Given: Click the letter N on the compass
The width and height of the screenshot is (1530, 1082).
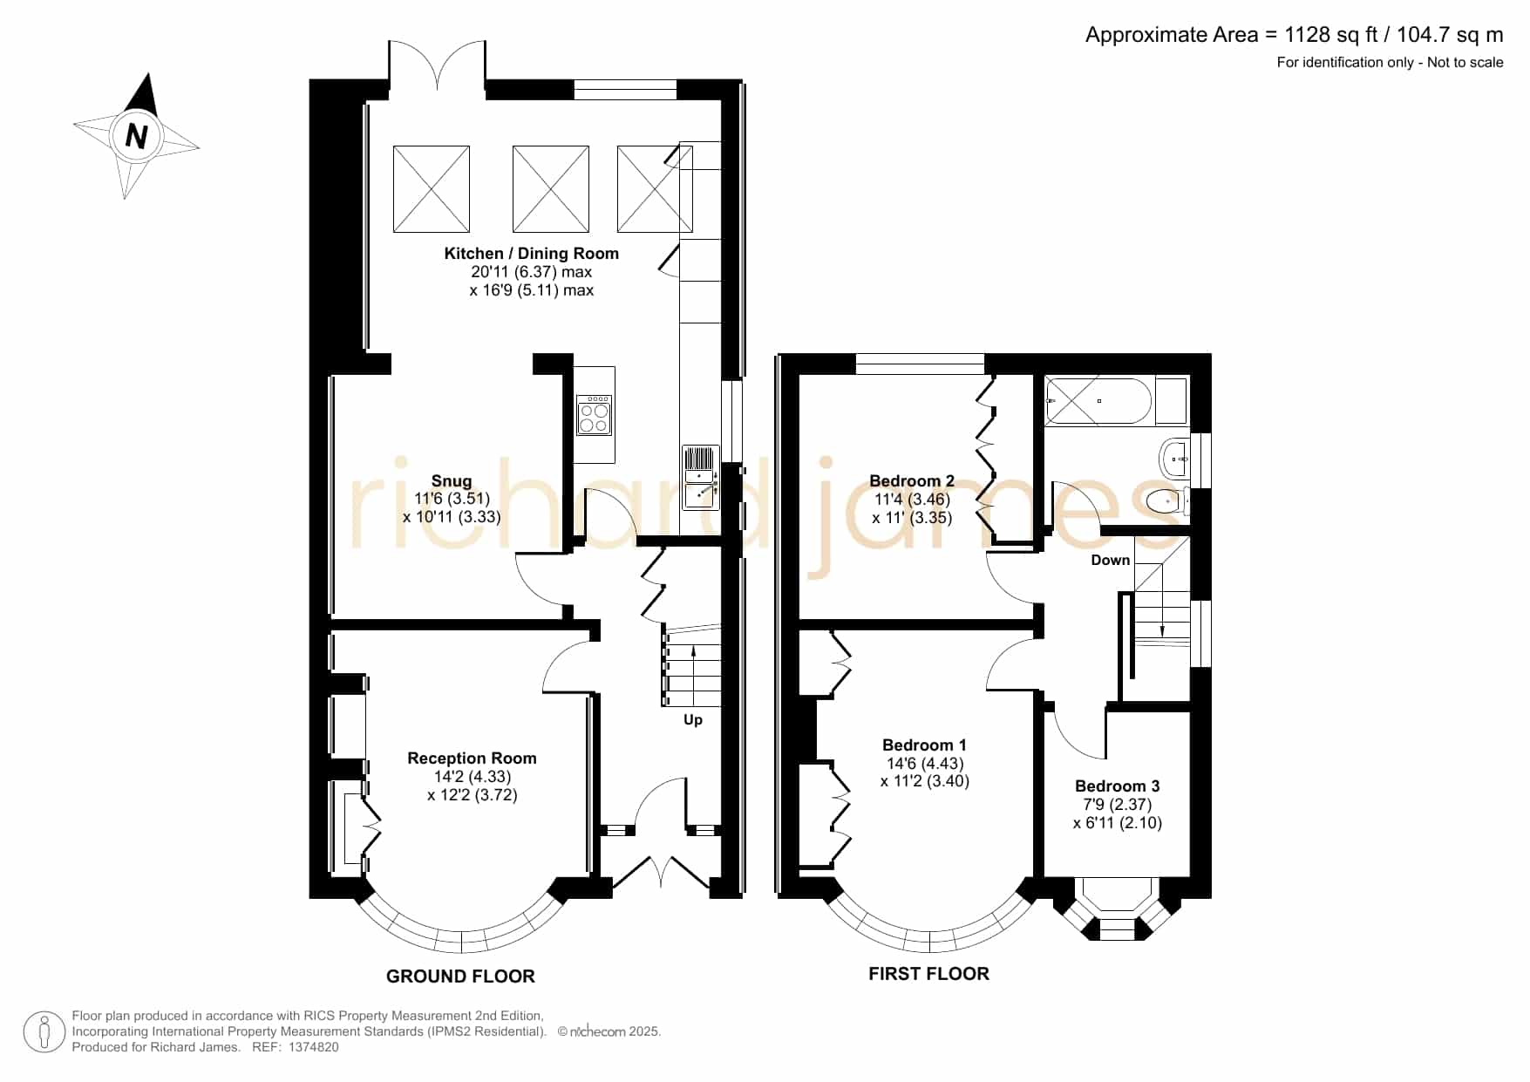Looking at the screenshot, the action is click(137, 136).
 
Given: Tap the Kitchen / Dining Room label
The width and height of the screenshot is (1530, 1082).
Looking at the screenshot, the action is click(532, 254).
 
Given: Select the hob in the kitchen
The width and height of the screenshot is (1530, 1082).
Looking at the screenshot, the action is click(595, 414).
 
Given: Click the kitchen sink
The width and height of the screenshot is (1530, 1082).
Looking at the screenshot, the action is click(700, 478).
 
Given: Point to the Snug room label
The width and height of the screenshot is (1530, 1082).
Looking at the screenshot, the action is click(452, 481).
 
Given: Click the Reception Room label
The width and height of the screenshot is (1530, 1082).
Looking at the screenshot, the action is click(472, 759).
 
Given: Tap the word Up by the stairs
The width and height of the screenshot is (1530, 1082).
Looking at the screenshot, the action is click(693, 720).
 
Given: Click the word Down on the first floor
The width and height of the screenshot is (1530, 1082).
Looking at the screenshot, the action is click(1111, 560).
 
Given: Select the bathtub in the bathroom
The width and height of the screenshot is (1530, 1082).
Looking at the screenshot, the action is click(1099, 401).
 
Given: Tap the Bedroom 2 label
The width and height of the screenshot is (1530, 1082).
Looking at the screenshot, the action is click(912, 481).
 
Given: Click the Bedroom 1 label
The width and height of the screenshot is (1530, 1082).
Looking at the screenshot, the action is click(924, 745).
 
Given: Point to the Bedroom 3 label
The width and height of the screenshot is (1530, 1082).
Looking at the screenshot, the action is click(1118, 786).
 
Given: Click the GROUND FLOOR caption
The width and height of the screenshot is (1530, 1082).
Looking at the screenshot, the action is click(460, 977).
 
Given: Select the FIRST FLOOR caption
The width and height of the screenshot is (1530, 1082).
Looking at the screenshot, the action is click(928, 974).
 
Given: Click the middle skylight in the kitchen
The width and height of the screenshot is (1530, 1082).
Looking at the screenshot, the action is click(551, 189).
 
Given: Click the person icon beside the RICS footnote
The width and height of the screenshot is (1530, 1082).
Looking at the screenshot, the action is click(44, 1032).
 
